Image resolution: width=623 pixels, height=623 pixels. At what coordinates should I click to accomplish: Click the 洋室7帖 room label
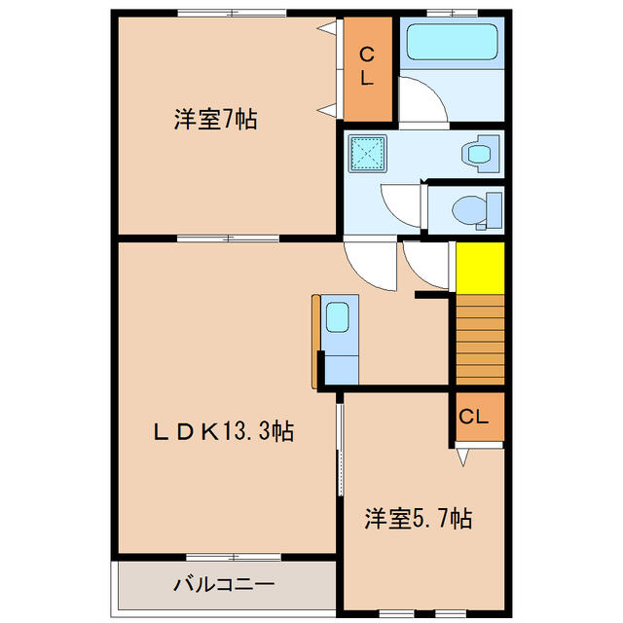[216, 119]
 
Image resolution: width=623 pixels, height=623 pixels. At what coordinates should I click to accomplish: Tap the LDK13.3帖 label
[224, 431]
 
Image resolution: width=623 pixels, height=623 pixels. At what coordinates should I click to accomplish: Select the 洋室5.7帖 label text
[419, 519]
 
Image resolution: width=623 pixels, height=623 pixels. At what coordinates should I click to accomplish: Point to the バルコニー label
[224, 584]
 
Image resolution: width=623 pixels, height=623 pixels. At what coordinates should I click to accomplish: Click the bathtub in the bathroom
[452, 42]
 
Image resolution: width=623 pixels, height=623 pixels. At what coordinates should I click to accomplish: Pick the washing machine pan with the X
[368, 154]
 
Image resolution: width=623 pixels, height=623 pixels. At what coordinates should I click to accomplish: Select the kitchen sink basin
[338, 316]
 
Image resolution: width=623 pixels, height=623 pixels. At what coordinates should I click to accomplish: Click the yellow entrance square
[480, 269]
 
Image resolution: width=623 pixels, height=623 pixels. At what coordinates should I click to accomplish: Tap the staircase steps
[480, 340]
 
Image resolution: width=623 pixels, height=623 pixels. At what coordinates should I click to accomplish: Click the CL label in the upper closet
[367, 66]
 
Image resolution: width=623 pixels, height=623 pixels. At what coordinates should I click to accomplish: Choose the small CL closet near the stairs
[480, 417]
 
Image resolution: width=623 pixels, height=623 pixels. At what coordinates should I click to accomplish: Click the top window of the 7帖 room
[232, 13]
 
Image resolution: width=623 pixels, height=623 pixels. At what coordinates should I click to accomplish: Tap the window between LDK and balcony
[234, 557]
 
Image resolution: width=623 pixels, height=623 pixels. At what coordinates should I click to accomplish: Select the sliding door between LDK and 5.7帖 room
[340, 450]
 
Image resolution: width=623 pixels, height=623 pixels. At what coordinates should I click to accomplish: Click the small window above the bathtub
[453, 13]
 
